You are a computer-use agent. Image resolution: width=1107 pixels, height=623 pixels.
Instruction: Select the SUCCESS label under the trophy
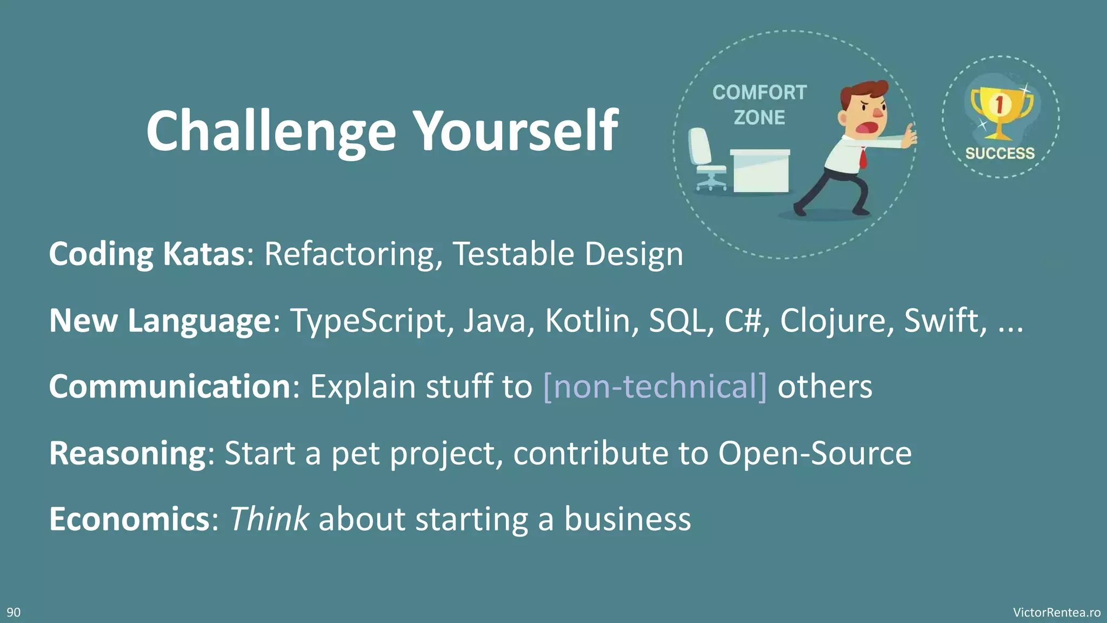[x=1000, y=154]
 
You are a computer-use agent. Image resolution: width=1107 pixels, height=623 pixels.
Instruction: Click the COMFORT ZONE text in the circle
[x=759, y=105]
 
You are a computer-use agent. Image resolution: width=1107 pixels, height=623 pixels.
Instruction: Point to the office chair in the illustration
[x=705, y=160]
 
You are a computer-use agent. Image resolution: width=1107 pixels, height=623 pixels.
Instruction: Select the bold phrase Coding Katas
[x=147, y=254]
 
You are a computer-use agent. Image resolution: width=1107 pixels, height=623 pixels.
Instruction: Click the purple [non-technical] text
[x=655, y=387]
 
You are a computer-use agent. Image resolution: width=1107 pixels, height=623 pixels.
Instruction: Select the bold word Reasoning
[x=128, y=453]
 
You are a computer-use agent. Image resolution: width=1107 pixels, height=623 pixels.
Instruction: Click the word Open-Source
[x=815, y=453]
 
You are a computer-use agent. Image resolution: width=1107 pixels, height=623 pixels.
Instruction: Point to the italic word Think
[x=269, y=519]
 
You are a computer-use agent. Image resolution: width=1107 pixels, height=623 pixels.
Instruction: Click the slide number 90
[x=14, y=612]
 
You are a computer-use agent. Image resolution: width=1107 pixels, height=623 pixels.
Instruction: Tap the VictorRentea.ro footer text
[x=1056, y=612]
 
